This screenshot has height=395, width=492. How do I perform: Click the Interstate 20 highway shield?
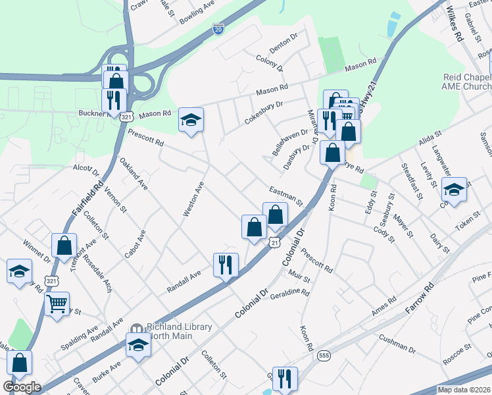click(x=218, y=29)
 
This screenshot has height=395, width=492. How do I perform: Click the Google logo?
click(x=22, y=387)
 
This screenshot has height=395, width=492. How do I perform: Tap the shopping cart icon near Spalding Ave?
click(x=57, y=303)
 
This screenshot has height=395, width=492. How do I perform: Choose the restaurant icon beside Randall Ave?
click(x=226, y=265)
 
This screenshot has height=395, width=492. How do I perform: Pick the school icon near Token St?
click(x=454, y=189)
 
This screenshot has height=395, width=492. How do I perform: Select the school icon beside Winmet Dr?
click(x=20, y=271)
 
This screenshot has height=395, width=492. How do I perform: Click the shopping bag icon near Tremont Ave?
click(x=64, y=246)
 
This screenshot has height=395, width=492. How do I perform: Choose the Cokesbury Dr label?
click(x=260, y=109)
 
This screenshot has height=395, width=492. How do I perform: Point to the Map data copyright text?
click(x=464, y=390)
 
